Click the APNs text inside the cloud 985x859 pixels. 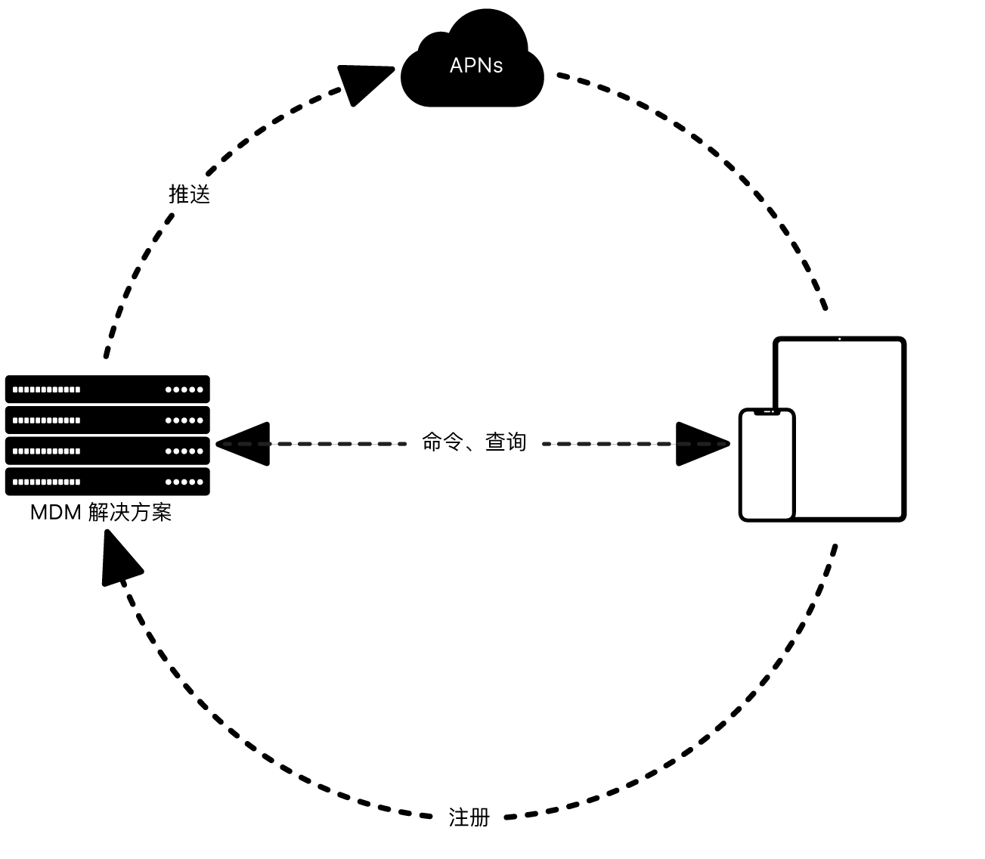tap(475, 66)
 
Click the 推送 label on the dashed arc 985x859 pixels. tap(189, 194)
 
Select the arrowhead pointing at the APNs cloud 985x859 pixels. tap(362, 82)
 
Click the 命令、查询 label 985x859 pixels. tap(474, 442)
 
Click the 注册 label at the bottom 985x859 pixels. tap(469, 817)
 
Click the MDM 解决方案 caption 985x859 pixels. tap(101, 512)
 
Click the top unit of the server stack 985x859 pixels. tap(107, 389)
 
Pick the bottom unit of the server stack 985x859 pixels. tap(107, 482)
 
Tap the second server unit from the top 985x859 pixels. tap(107, 420)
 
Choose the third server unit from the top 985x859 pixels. tap(107, 451)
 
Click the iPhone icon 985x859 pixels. tap(767, 465)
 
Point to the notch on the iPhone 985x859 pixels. tap(767, 413)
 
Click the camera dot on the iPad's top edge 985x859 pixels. tap(839, 339)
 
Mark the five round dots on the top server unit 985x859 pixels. tap(184, 389)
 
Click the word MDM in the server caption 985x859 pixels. tap(55, 512)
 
